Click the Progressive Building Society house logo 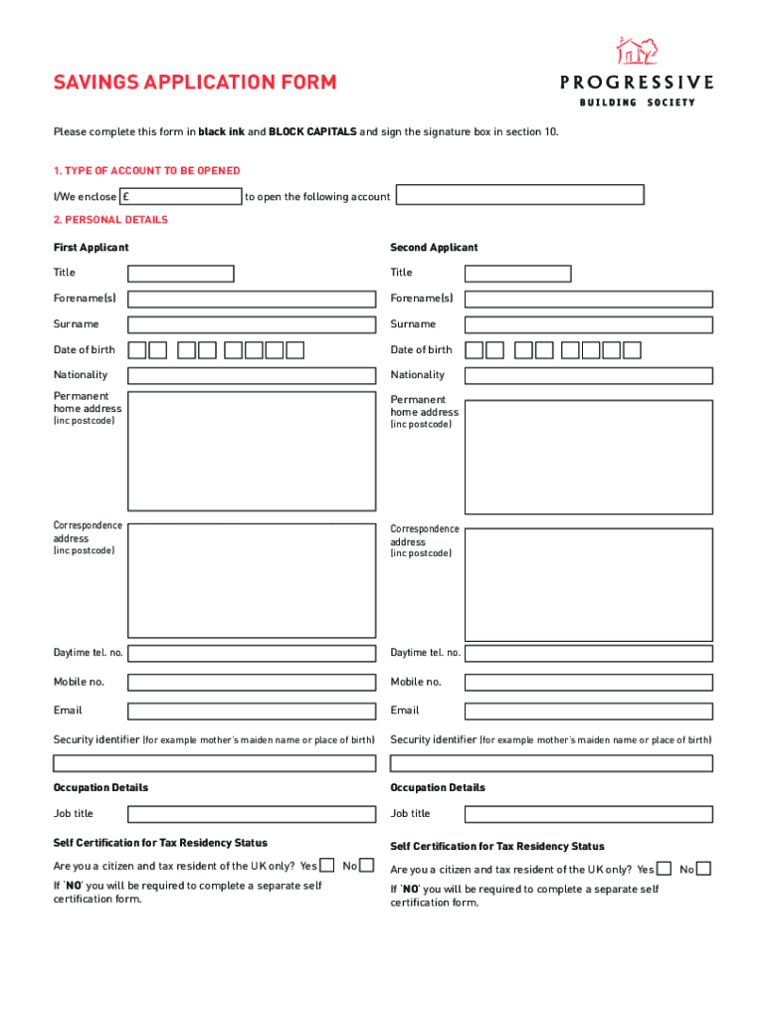tap(637, 51)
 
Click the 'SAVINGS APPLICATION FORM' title tap(195, 83)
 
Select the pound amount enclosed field tap(181, 196)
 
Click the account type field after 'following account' tap(519, 195)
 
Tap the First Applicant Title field tap(180, 274)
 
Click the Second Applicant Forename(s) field tap(588, 299)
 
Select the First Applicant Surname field tap(252, 324)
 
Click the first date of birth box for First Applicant tap(136, 350)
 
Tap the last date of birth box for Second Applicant tap(632, 350)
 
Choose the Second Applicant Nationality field tap(588, 375)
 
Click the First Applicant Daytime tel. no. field tap(252, 653)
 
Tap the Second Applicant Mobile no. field tap(588, 683)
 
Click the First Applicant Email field tap(252, 711)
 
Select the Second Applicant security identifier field tap(551, 763)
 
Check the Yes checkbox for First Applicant tap(326, 866)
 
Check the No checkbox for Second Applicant tap(703, 869)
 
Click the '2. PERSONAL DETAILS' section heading tap(110, 220)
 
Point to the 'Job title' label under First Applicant tap(74, 814)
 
